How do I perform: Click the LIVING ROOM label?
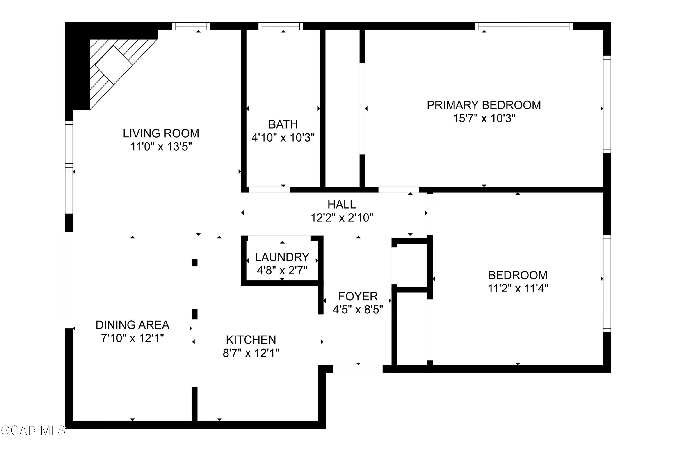[161, 133]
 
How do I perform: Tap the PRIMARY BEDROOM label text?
[484, 105]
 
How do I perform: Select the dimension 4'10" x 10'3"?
[283, 138]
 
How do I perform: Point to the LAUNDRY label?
[282, 257]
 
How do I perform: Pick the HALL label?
[342, 205]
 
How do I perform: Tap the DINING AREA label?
[132, 325]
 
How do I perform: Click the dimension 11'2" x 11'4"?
[518, 288]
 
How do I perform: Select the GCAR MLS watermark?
[33, 430]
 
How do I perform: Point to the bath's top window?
[281, 26]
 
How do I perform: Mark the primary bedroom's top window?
[524, 26]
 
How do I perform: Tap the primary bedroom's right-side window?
[607, 104]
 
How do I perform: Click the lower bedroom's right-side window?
[607, 283]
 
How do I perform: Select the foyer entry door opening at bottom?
[358, 369]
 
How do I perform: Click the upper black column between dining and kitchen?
[195, 263]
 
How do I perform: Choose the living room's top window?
[191, 26]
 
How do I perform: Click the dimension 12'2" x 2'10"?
[342, 218]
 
